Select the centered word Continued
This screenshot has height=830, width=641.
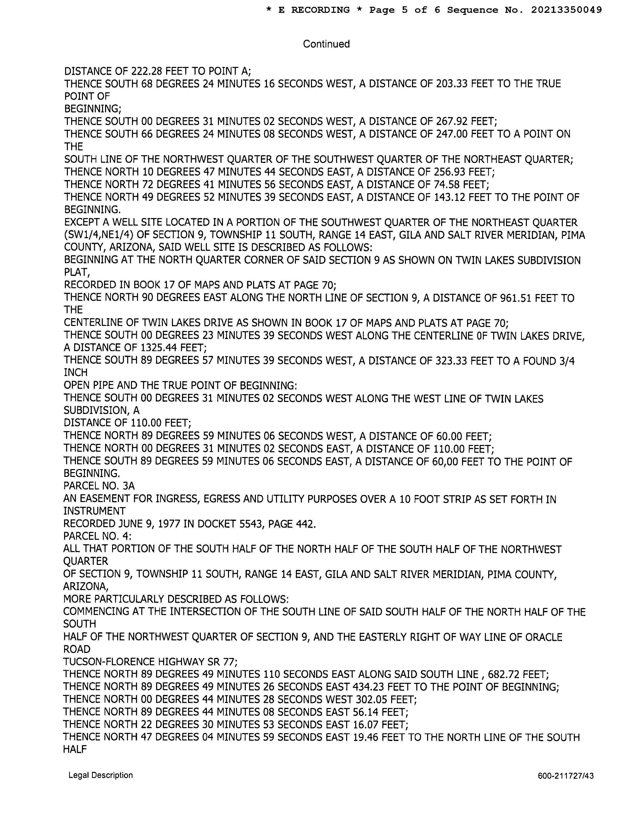(326, 44)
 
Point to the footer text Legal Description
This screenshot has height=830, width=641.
(101, 775)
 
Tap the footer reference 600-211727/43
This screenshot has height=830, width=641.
(565, 776)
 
